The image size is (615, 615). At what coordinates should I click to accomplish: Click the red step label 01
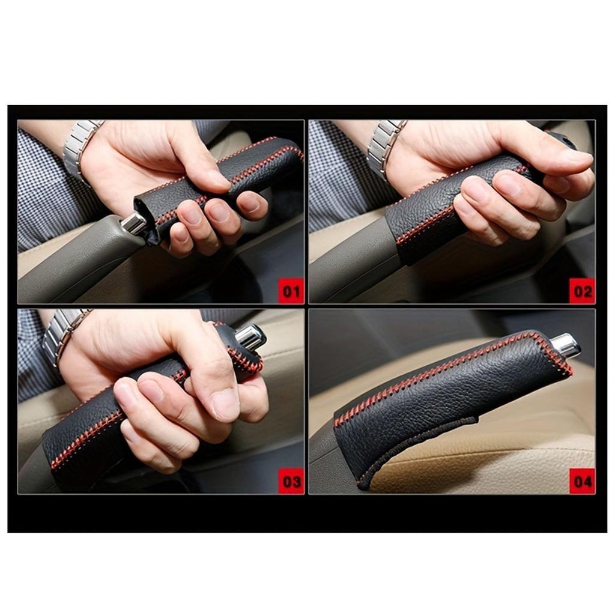point(291,292)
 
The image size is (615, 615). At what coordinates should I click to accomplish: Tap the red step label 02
point(582,292)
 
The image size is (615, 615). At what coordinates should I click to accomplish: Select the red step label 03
point(291,482)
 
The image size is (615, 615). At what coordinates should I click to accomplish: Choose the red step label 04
point(582,482)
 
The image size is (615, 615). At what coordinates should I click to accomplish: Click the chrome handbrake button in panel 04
point(565,345)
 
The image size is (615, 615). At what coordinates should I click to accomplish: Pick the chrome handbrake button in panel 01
point(133,223)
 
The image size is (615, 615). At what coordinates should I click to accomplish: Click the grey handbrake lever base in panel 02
point(348,264)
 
